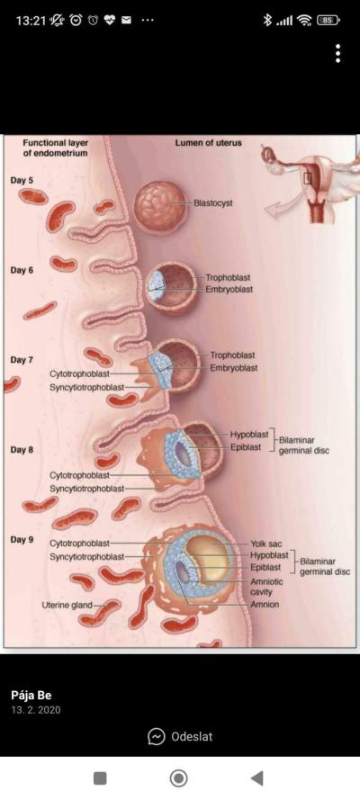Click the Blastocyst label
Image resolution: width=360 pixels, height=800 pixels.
pos(213,203)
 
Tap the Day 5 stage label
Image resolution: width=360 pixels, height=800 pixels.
pos(22,180)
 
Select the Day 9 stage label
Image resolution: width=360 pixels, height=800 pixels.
pos(22,539)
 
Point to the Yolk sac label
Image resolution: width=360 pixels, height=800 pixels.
pos(265,544)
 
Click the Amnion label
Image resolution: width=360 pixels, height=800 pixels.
pos(265,605)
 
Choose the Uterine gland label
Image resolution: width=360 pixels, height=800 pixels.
pos(67,605)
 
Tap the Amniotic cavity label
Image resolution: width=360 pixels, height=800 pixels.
pos(266,587)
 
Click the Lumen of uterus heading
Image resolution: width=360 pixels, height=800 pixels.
pos(208,143)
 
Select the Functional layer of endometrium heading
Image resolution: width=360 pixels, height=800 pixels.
pos(55,148)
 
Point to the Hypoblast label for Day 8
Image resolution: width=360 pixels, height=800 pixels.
pos(248,435)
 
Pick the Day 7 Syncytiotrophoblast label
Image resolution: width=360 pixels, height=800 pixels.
pos(86,388)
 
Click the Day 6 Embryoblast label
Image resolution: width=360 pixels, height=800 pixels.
pos(229,289)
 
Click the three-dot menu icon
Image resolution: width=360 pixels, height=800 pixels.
pos(337,53)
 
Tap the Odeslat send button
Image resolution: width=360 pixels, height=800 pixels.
pos(180,736)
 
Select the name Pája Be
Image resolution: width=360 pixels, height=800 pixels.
pos(31,696)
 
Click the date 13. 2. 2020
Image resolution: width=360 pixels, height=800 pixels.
pos(36,710)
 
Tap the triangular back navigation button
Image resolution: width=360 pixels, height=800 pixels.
pos(257,778)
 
